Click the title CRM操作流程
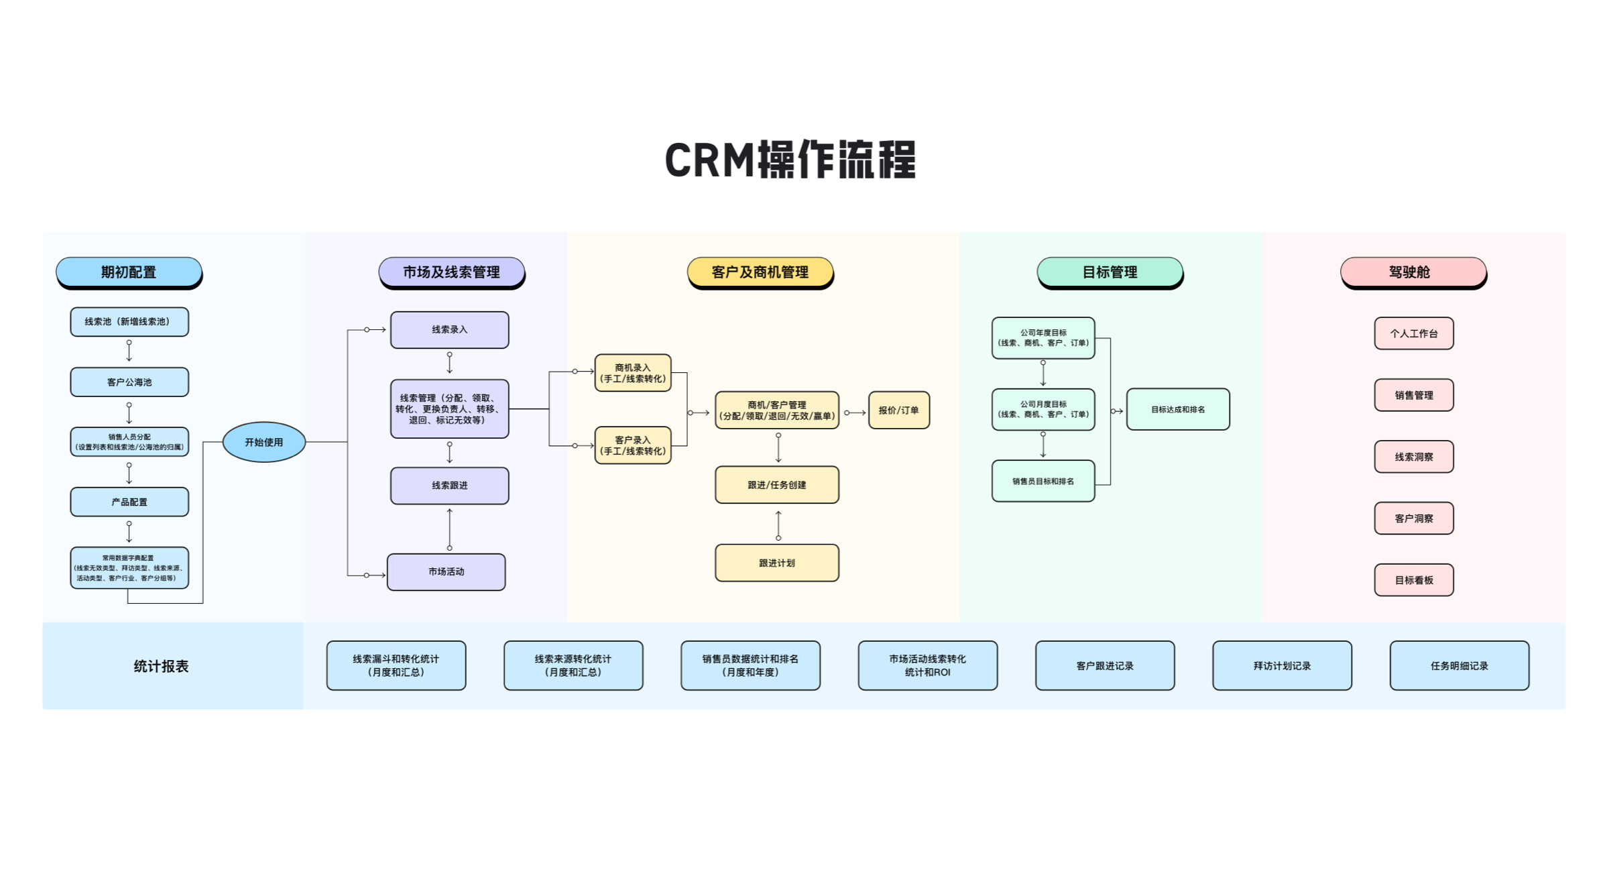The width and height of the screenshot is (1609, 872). pos(790,160)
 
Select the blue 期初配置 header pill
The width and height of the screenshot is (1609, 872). pos(129,272)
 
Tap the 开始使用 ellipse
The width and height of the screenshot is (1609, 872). pos(263,442)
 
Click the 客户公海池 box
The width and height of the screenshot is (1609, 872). pos(129,382)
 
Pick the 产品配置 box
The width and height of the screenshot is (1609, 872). pos(129,502)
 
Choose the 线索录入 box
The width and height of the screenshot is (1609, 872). pos(449,329)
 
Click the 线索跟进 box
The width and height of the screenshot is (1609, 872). pos(449,485)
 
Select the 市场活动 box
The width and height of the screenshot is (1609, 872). pos(446,571)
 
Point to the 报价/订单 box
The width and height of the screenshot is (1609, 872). pos(898,410)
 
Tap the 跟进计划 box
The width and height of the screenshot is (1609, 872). pos(776,563)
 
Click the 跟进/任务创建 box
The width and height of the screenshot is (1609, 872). pos(776,484)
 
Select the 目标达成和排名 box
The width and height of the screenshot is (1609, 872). pos(1177,409)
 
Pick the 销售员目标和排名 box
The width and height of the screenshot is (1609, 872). pos(1042,481)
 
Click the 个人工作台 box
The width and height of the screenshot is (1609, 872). pos(1413,333)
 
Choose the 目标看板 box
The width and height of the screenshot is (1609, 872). pos(1413,580)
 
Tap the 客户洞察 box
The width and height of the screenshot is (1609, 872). pos(1413,518)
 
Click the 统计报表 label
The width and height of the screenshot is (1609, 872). pos(161,666)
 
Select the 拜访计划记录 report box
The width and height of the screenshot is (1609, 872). pos(1282,665)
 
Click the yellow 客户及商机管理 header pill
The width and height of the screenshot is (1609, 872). pos(760,272)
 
